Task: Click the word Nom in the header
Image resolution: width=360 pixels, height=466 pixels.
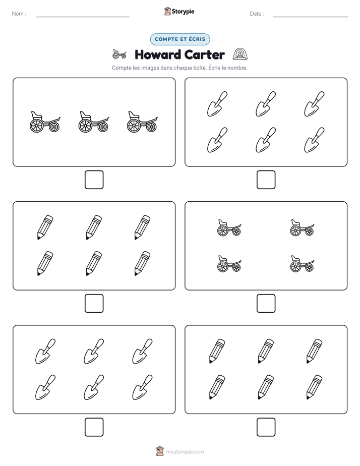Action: coord(17,14)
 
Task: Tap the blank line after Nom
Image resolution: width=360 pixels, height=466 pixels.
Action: coord(83,17)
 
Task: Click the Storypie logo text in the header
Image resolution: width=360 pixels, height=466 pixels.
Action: coord(183,12)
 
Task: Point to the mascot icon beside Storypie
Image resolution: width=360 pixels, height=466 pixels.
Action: coord(167,11)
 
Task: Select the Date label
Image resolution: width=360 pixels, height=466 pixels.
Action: coord(256,14)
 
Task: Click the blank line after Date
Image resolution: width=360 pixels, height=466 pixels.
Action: coord(311,17)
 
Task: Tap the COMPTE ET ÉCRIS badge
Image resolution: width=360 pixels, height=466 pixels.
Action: coord(180,39)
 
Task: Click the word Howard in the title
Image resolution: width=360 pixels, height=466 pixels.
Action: coord(157,54)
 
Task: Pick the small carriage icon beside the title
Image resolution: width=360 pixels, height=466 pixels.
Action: coord(119,54)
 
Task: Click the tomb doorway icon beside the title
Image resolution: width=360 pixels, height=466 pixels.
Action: coord(240,54)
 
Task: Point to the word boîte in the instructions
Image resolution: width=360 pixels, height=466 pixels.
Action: coord(199,68)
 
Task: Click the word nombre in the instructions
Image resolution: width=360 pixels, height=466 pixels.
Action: coord(237,68)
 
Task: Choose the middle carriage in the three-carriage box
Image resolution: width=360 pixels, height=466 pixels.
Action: coord(94,122)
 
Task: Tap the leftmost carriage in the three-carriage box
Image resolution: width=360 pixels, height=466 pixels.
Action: coord(45,122)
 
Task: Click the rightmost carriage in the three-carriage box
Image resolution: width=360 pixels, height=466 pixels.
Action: coord(143,122)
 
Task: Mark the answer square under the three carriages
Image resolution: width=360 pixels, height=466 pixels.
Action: coord(94,180)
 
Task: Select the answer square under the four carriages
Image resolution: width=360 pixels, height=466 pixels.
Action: coord(266,304)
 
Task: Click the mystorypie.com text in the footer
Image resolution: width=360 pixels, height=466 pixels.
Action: coord(185,452)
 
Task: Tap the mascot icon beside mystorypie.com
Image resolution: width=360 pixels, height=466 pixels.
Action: coord(160,451)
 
